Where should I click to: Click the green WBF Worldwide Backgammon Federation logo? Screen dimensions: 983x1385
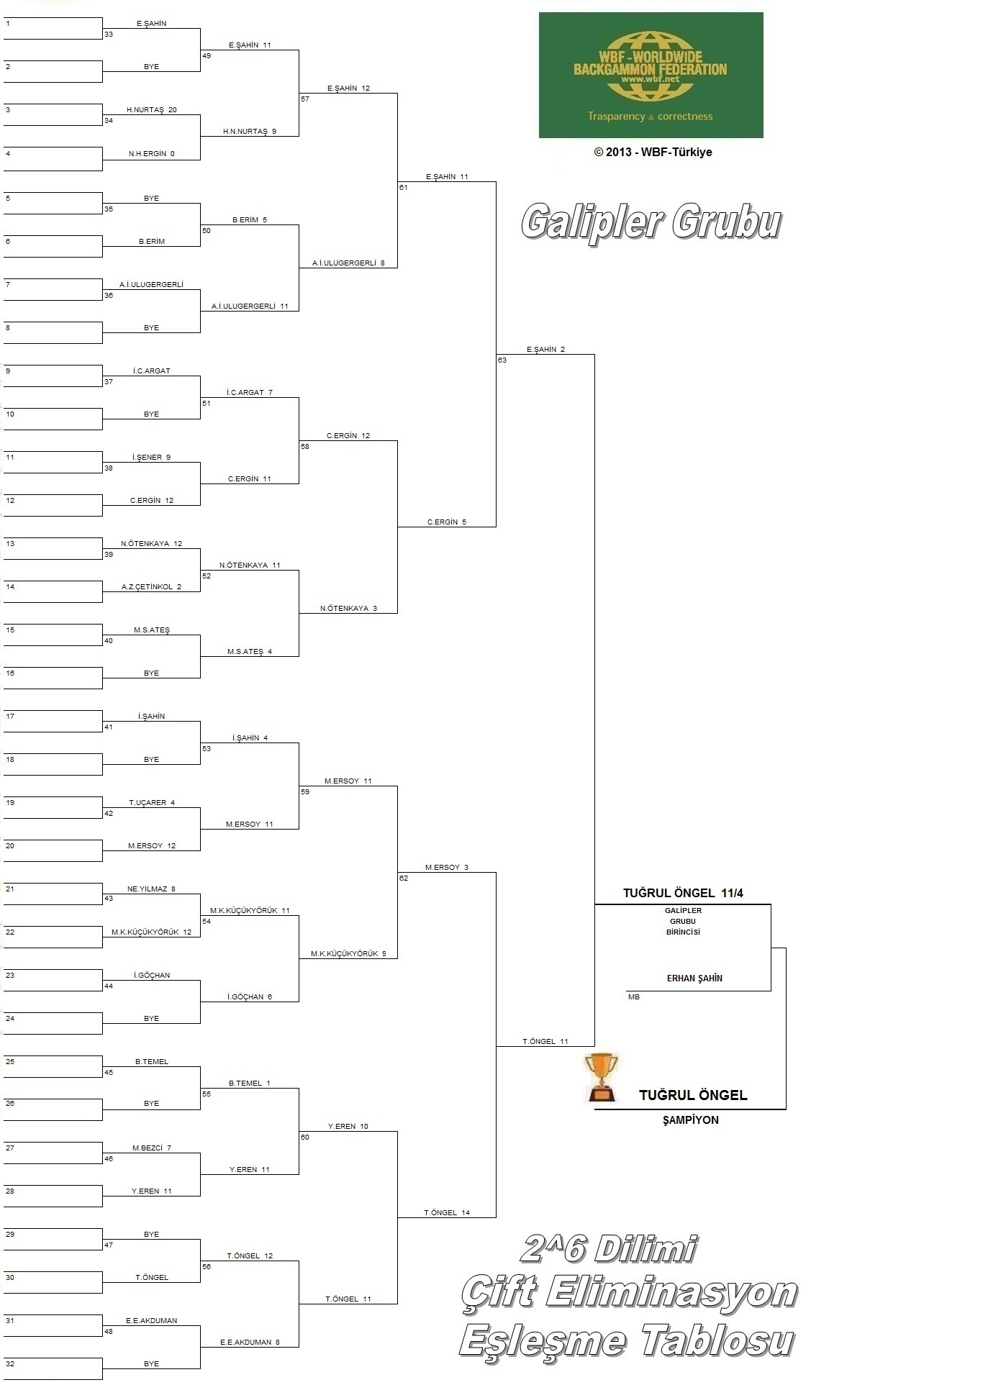coord(651,75)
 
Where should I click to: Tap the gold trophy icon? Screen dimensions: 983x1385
coord(601,1078)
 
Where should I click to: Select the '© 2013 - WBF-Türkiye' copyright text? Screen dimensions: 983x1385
coord(653,152)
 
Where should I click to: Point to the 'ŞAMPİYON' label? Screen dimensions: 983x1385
coord(691,1120)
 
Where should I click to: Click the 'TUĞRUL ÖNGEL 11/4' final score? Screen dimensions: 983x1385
coord(683,893)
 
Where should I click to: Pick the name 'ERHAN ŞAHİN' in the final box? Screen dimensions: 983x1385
coord(694,978)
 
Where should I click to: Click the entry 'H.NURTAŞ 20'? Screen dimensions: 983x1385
coord(152,110)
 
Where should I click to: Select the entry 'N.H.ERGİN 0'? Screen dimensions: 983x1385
coord(152,154)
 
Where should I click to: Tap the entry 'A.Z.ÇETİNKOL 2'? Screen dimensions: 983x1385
coord(151,587)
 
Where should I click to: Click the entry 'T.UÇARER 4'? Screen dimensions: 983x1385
coord(152,803)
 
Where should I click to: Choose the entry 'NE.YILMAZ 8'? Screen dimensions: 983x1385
coord(151,889)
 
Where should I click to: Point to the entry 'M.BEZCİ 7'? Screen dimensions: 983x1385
coord(152,1148)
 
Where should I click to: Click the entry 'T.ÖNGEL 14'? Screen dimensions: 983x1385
coord(447,1213)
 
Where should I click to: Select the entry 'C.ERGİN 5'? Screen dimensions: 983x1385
coord(447,522)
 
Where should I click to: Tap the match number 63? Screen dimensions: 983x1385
coord(502,360)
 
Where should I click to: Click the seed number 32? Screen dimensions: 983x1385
coord(10,1364)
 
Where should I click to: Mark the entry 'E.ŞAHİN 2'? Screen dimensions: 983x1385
coord(545,350)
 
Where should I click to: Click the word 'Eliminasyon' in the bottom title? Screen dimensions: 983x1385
coord(671,1293)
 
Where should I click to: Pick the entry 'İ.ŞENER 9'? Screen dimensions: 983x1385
coord(152,458)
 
